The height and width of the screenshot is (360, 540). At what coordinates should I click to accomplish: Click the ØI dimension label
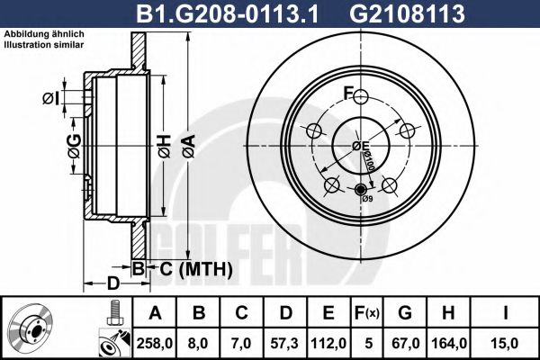click(x=50, y=97)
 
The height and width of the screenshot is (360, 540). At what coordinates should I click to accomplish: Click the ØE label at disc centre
click(x=361, y=146)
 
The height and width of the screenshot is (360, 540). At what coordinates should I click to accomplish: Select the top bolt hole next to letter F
click(x=361, y=98)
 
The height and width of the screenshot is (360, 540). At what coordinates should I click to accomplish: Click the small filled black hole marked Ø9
click(x=361, y=189)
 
